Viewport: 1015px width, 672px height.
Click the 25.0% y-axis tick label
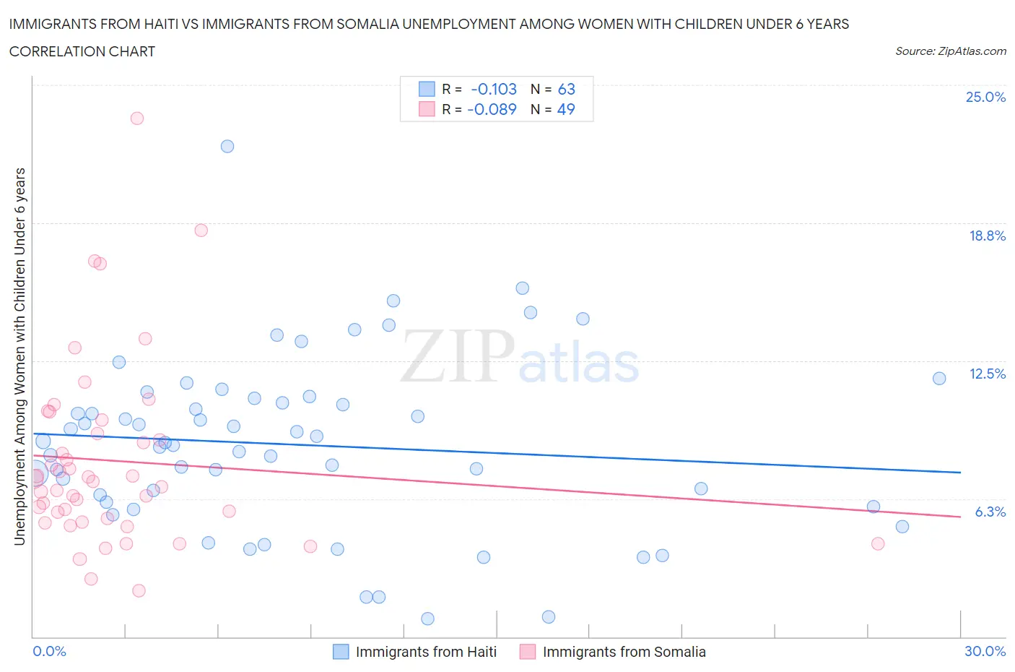(x=985, y=97)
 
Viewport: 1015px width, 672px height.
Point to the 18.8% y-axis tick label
(x=987, y=236)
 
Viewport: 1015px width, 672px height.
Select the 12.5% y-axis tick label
(x=987, y=374)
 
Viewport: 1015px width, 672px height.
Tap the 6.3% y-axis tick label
(x=990, y=512)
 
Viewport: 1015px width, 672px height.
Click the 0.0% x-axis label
(x=49, y=651)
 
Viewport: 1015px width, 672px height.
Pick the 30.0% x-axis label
(x=985, y=651)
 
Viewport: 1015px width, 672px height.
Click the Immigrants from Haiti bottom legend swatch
(x=341, y=652)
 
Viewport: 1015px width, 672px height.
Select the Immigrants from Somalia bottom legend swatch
(x=528, y=652)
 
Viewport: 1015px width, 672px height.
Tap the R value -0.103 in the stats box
(x=494, y=89)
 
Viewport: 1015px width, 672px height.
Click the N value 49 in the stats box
(x=566, y=109)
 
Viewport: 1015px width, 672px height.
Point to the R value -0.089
(x=492, y=109)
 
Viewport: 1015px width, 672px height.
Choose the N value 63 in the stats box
(x=566, y=89)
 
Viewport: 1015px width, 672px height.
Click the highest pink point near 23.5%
(x=137, y=119)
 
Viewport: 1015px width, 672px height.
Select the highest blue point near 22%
(x=227, y=146)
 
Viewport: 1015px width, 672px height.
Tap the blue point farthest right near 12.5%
(x=939, y=379)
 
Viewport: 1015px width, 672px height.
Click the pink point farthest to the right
(x=878, y=544)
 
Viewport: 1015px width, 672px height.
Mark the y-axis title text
(x=19, y=356)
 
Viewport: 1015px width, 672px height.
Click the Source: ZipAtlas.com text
(x=950, y=51)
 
